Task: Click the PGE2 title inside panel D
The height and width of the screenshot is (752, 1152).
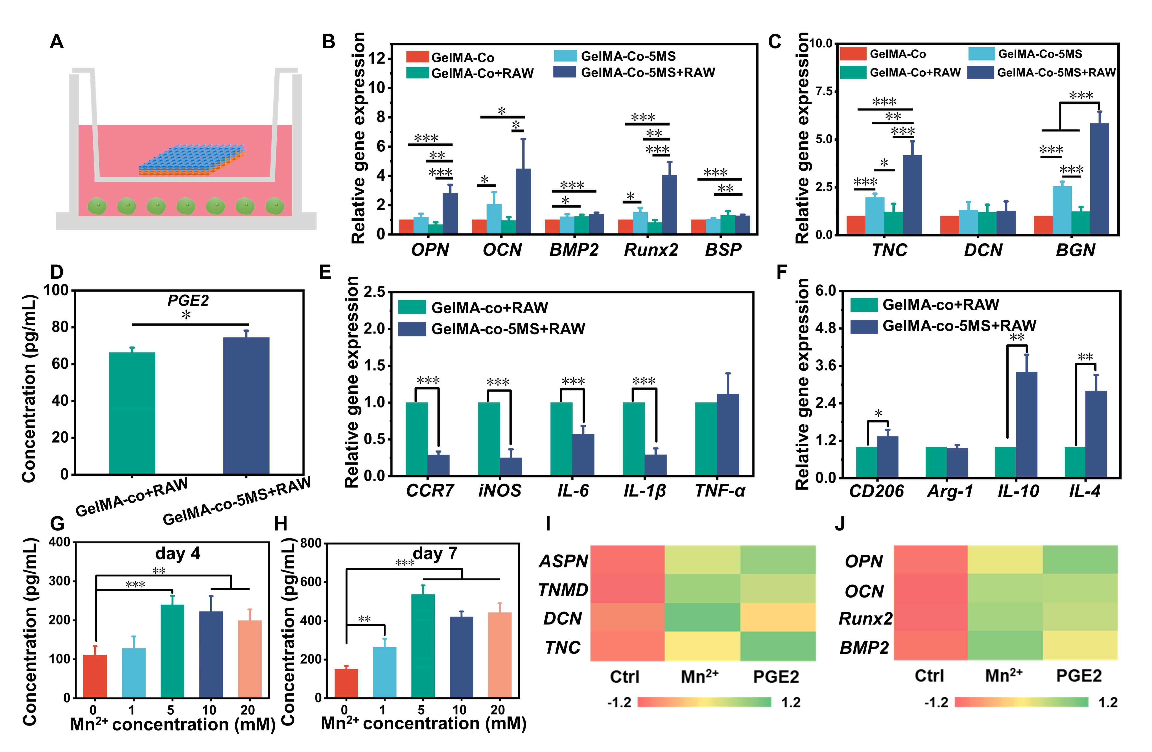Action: [x=188, y=301]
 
